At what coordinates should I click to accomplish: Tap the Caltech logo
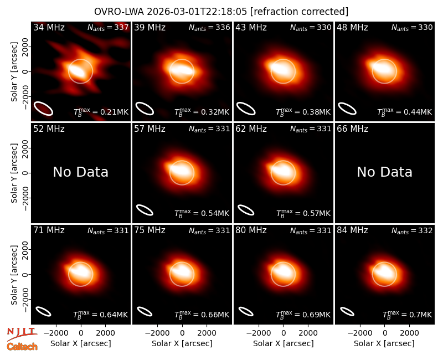click(x=22, y=347)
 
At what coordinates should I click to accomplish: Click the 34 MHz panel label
click(x=49, y=27)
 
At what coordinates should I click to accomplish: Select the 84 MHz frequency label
click(x=352, y=230)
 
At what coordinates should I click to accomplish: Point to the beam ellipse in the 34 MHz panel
click(x=44, y=109)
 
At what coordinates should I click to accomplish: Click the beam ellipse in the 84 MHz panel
click(x=347, y=311)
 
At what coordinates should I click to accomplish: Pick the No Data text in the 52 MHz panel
click(x=80, y=172)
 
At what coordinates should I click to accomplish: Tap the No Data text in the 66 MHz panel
click(x=384, y=172)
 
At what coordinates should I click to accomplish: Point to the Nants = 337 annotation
click(x=108, y=27)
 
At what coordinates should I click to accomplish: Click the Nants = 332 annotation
click(x=412, y=231)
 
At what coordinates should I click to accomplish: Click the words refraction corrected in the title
click(x=299, y=12)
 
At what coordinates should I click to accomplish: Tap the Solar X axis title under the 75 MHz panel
click(x=182, y=343)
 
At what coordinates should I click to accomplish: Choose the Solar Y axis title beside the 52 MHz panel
click(x=14, y=173)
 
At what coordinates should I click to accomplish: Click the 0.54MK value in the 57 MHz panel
click(x=215, y=214)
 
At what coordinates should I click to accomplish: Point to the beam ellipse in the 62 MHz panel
click(x=246, y=210)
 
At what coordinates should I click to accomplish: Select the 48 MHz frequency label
click(x=352, y=27)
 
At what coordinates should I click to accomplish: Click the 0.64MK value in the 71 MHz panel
click(x=114, y=315)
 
